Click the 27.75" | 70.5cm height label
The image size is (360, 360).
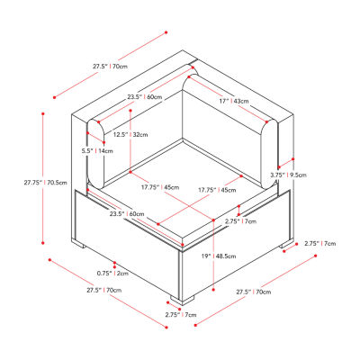46,182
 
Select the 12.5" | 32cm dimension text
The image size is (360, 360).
130,135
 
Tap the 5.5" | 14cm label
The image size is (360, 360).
97,151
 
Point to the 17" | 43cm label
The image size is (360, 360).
234,102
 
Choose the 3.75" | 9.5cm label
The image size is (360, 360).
288,175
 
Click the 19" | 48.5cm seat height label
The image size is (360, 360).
219,256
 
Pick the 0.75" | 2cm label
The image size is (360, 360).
112,274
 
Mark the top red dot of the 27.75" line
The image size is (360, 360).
43,113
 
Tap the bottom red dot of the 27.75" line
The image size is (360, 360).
43,243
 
